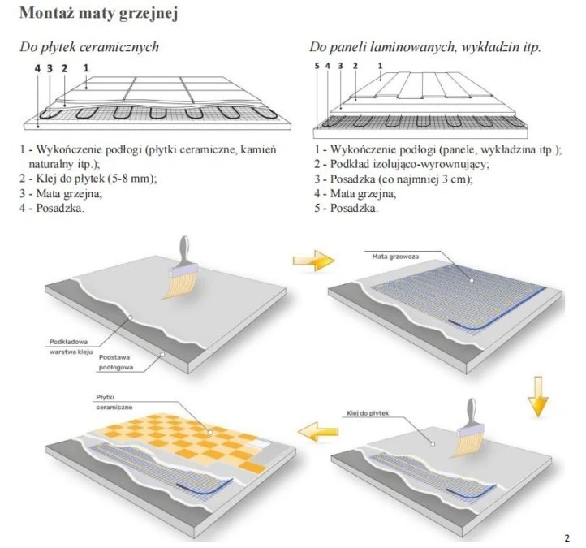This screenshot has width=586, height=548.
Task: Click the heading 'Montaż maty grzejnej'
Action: pyautogui.click(x=99, y=13)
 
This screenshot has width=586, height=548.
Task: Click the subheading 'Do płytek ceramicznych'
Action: pyautogui.click(x=89, y=47)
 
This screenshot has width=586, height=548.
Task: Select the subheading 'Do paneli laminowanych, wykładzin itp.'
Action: pyautogui.click(x=425, y=47)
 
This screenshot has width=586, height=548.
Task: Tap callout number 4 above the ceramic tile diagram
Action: pyautogui.click(x=37, y=68)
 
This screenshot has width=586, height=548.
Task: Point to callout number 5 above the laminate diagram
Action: pyautogui.click(x=317, y=66)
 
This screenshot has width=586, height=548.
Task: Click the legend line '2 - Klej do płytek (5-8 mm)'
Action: pyautogui.click(x=88, y=179)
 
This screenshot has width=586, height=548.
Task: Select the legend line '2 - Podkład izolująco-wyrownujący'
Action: pyautogui.click(x=402, y=164)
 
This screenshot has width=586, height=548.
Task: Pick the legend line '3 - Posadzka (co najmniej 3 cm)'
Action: pyautogui.click(x=394, y=179)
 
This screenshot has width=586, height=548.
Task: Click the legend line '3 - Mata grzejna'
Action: pyautogui.click(x=61, y=194)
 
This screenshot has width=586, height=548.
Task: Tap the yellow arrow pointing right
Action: pyautogui.click(x=313, y=260)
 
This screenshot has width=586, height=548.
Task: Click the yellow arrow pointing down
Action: pyautogui.click(x=538, y=396)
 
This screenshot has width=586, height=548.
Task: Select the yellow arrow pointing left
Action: pyautogui.click(x=317, y=432)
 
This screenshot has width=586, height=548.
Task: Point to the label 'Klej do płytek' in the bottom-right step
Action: pyautogui.click(x=368, y=413)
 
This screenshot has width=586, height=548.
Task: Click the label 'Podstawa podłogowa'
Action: pyautogui.click(x=116, y=362)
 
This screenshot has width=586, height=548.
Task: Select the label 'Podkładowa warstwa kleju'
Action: pyautogui.click(x=71, y=347)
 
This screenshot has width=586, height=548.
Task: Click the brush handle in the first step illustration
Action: pyautogui.click(x=184, y=251)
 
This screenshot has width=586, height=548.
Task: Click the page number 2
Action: pyautogui.click(x=567, y=538)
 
